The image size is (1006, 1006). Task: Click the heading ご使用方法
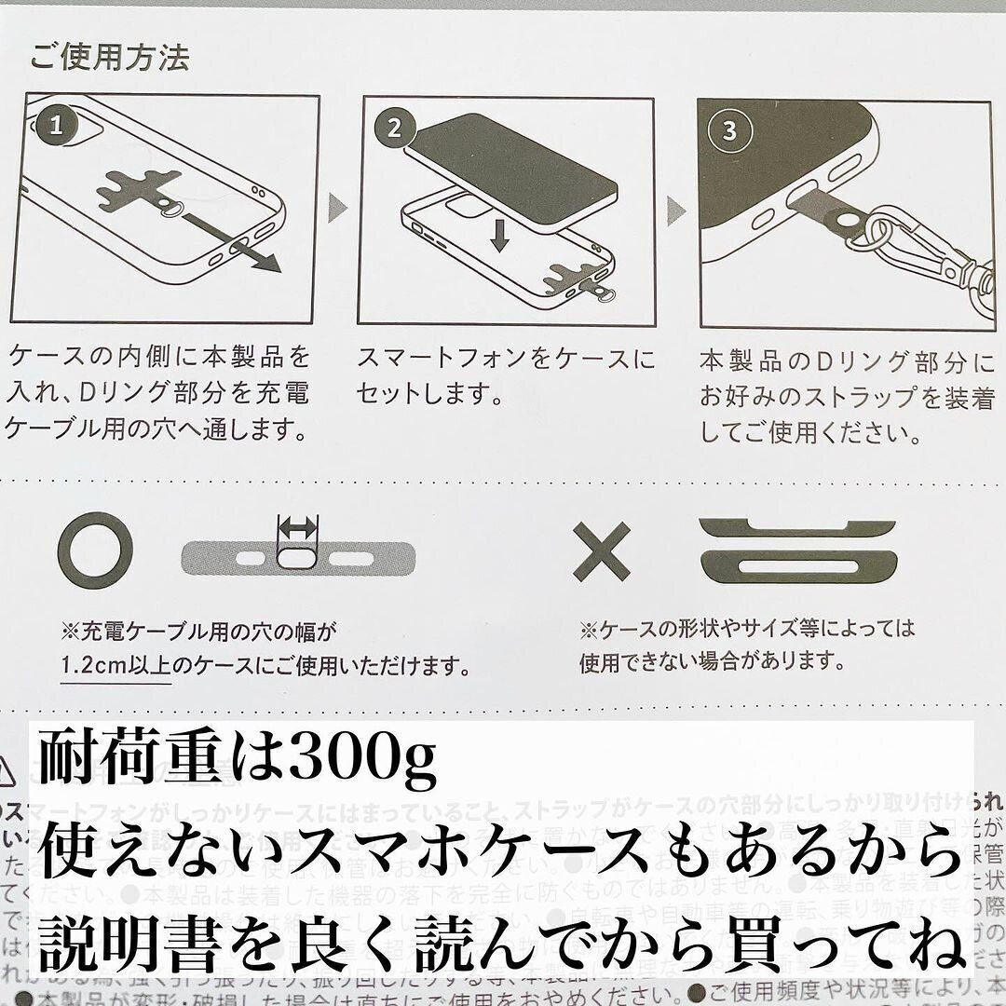110,58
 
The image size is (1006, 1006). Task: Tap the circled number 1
57,126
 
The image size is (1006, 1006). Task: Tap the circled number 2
393,129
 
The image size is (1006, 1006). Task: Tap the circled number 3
728,130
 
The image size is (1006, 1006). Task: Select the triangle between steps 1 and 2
338,208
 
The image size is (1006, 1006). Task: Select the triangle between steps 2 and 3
676,211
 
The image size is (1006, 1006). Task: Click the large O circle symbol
94,551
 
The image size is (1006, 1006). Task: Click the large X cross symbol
602,551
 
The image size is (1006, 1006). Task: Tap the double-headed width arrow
298,529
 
